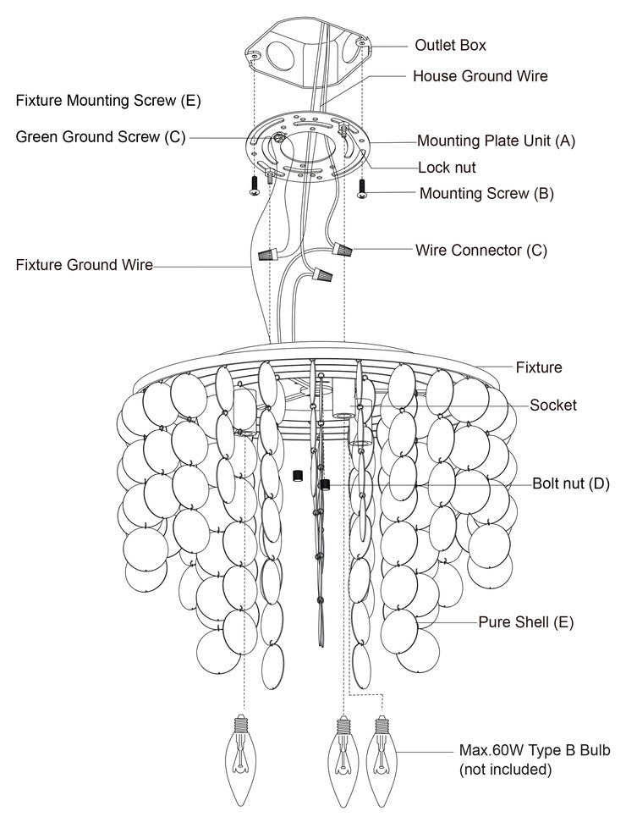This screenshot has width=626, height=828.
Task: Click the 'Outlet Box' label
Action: coord(450,45)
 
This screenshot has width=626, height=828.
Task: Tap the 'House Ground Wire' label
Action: coord(480,76)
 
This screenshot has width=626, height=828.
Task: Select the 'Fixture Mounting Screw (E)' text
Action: coord(108,101)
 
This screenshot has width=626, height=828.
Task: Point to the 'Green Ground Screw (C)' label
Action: coord(100,137)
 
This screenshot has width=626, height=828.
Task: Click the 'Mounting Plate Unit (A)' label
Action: coord(496,141)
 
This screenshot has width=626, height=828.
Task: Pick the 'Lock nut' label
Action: coord(447,168)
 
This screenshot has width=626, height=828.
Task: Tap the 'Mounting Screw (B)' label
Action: coord(486,193)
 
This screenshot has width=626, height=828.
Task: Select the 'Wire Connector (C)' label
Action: coord(481,251)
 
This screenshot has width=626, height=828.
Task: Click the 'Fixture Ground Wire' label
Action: coord(85,265)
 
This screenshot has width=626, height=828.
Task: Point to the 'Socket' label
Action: coord(553,406)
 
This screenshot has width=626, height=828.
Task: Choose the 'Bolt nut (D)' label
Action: coord(570,484)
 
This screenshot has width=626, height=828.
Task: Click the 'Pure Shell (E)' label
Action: coord(526,622)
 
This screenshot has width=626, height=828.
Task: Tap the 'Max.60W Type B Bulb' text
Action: coord(534,751)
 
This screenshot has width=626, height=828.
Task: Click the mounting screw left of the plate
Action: coord(254,186)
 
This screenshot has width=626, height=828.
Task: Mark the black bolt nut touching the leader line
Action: coord(324,485)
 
